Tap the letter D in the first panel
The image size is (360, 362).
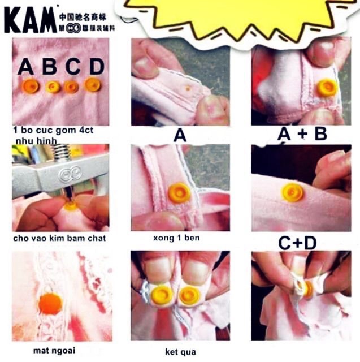pyautogui.click(x=97, y=67)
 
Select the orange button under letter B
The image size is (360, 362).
pyautogui.click(x=53, y=87)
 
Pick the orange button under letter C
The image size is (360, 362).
pyautogui.click(x=71, y=87)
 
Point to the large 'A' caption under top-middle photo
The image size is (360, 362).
pyautogui.click(x=180, y=136)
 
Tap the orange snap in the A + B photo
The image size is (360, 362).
pyautogui.click(x=326, y=88)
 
